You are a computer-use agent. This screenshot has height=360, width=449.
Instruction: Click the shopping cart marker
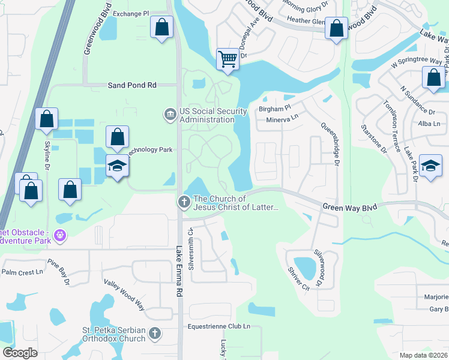(228, 59)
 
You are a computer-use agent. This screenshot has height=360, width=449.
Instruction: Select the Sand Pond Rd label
(132, 85)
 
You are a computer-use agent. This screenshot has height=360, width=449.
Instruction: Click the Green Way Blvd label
(349, 207)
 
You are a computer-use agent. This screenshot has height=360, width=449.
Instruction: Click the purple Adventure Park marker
(59, 235)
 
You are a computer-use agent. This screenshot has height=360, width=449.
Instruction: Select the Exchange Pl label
(130, 13)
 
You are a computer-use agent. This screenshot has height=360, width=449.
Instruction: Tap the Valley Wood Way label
(124, 295)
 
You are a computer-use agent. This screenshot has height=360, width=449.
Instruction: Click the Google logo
(20, 352)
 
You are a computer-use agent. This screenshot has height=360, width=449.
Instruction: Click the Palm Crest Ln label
(23, 272)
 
